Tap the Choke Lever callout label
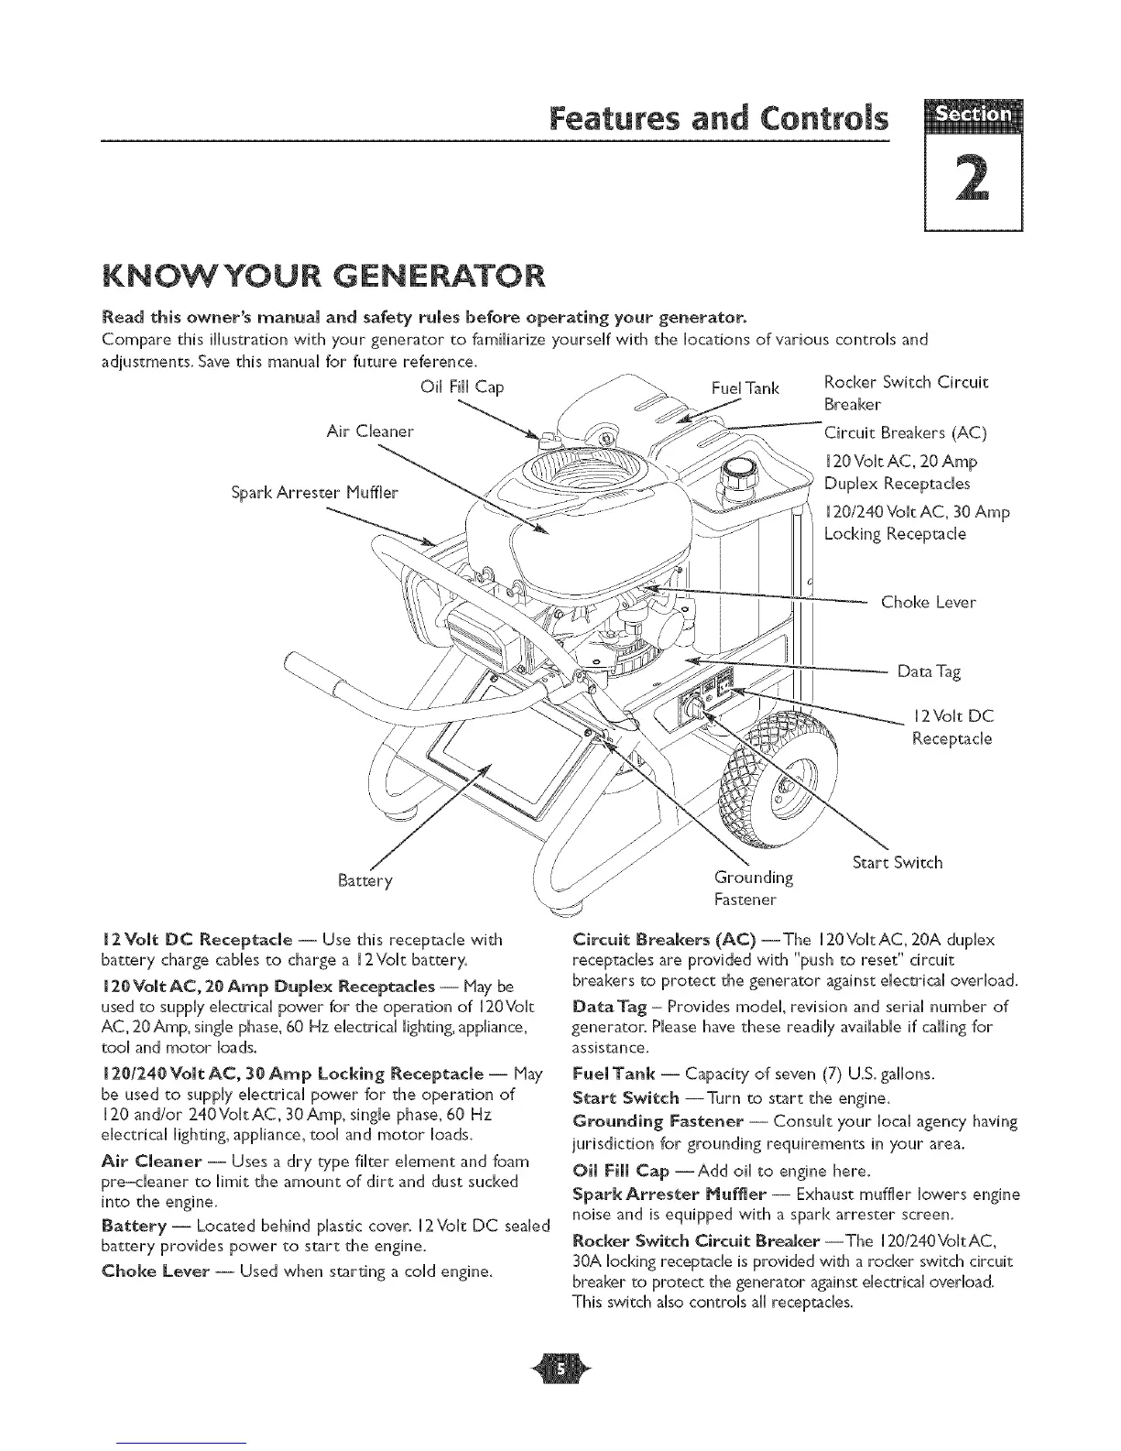(x=928, y=602)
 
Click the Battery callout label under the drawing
(x=365, y=880)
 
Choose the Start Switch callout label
(x=897, y=862)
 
